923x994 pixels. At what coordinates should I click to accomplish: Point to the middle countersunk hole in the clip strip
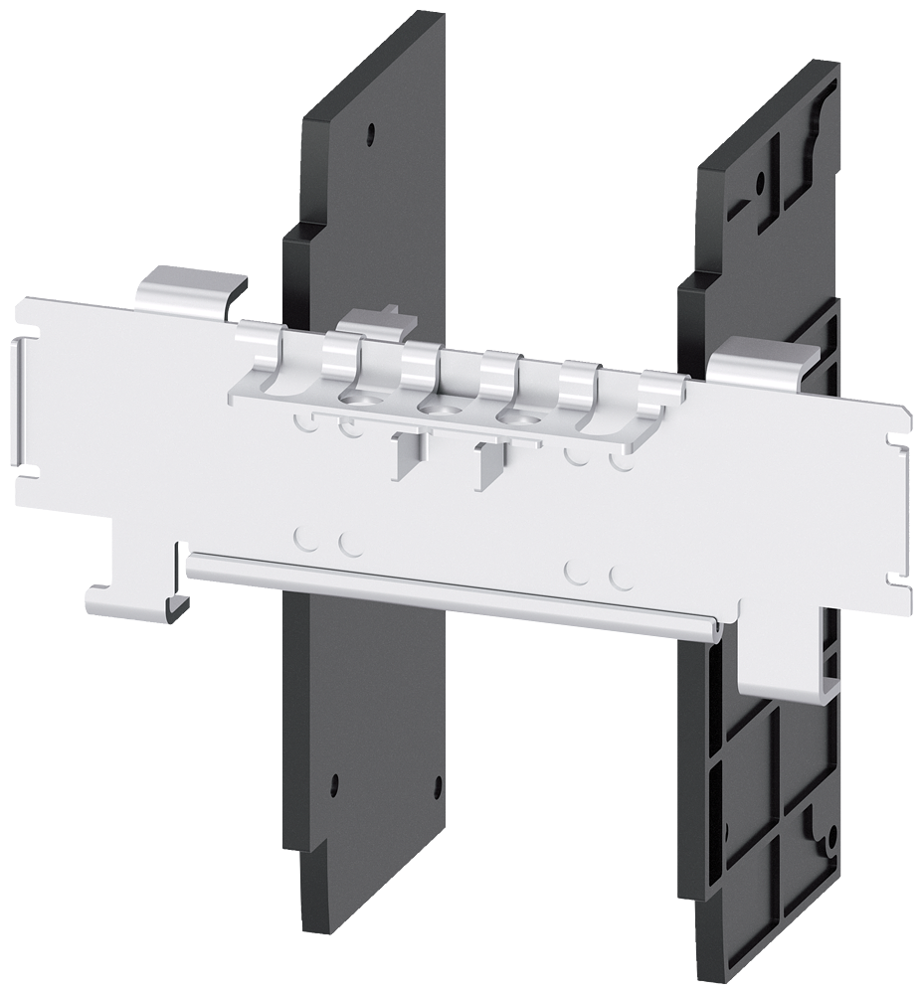[433, 407]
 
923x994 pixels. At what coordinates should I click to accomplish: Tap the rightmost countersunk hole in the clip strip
[514, 416]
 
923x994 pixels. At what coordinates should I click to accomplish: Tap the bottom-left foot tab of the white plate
[124, 596]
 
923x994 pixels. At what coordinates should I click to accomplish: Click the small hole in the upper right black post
[760, 183]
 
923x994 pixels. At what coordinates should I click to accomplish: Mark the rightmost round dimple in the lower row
[622, 577]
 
